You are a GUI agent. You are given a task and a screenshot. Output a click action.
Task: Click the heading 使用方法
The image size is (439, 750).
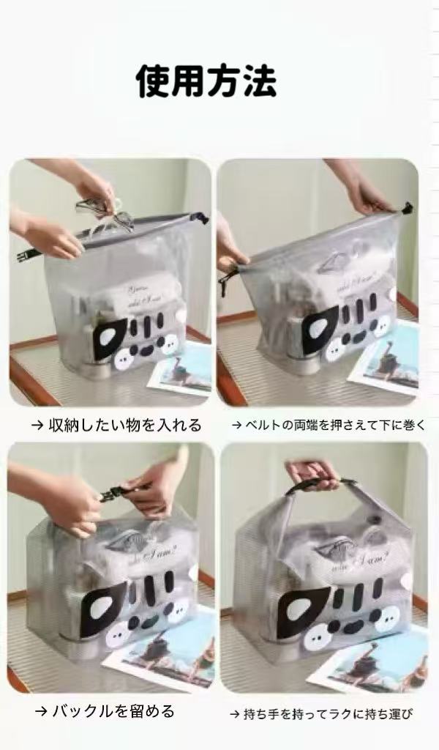[x=206, y=81]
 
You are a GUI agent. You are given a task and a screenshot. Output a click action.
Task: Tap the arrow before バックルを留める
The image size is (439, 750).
[x=40, y=712]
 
